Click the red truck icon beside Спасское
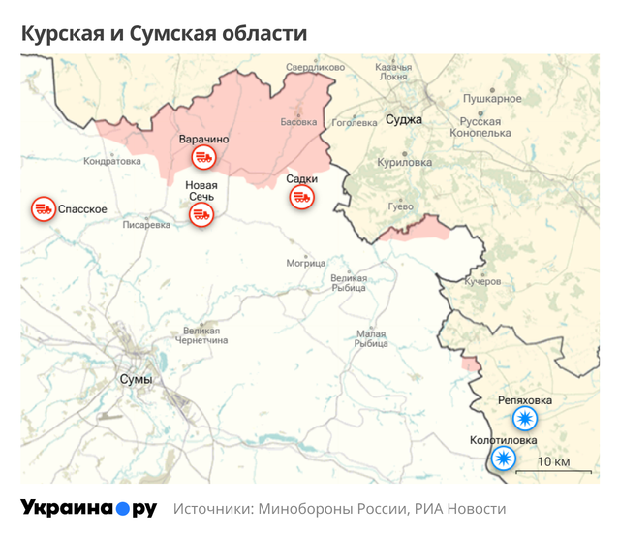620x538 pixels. [x=43, y=208]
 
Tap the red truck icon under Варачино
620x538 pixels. [x=202, y=158]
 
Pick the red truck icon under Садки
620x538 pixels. [x=301, y=197]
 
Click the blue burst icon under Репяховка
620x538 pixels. [x=525, y=420]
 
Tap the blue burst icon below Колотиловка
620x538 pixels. [x=503, y=459]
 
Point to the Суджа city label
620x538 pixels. [x=403, y=120]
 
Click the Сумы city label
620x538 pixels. [x=135, y=379]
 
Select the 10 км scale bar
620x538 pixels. [x=552, y=470]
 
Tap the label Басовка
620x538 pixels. [x=298, y=123]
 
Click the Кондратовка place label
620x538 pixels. [x=112, y=161]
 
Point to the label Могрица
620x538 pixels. [x=306, y=263]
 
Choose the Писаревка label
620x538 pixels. [x=147, y=225]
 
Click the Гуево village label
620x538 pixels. [x=400, y=206]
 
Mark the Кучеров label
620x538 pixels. [x=482, y=281]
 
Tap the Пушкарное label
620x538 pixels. [x=492, y=99]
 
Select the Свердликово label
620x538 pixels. [x=315, y=68]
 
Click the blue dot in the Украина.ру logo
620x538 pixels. [x=122, y=509]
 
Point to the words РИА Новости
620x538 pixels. [x=459, y=509]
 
